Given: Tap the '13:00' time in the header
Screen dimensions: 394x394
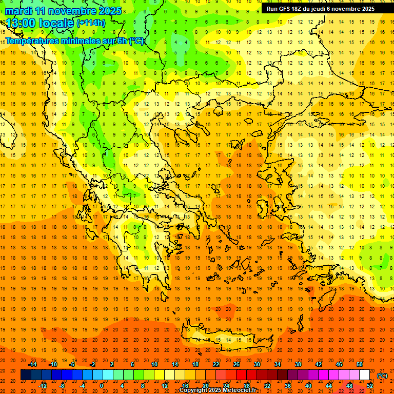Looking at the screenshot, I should tap(20, 24).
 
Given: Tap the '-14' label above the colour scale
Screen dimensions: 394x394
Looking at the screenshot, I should tap(32, 364).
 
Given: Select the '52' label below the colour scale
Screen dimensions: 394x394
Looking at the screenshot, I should tap(369, 386).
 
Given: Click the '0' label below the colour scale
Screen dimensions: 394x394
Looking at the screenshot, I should tap(102, 386).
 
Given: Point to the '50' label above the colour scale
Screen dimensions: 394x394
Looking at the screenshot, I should tap(360, 364).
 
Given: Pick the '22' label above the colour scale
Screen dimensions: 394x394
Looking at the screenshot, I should tap(216, 364).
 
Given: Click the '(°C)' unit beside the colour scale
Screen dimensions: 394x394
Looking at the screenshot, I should tap(382, 376).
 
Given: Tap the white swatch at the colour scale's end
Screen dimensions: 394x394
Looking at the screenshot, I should tap(364, 375).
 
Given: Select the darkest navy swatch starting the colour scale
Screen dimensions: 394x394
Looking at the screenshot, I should tap(26, 375).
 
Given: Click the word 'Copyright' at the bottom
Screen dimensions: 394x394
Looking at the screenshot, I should tap(192, 390).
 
